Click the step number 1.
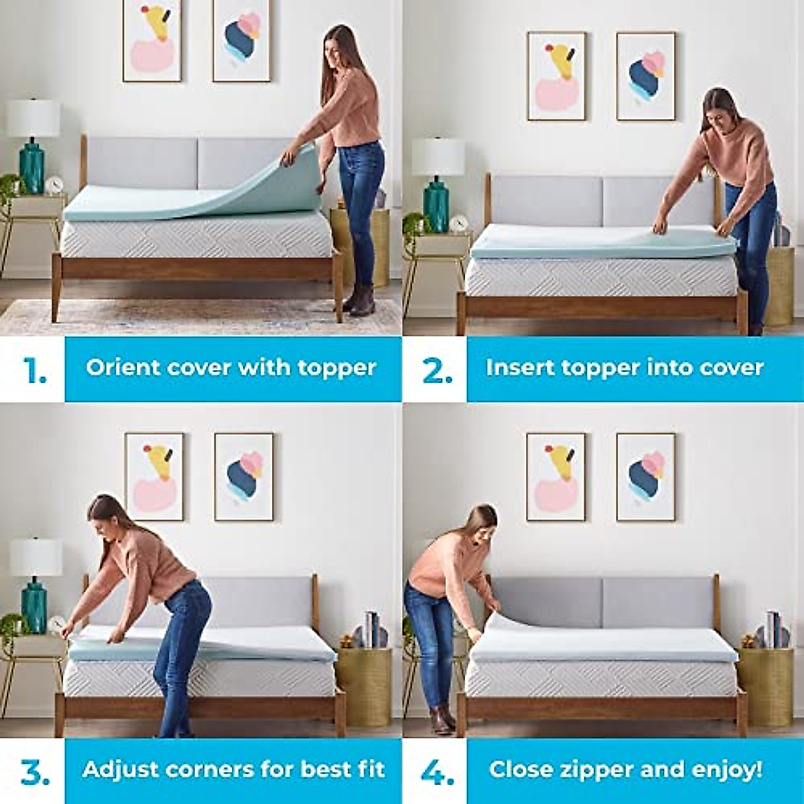34,370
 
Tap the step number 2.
437,370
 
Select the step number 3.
36,772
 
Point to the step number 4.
438,772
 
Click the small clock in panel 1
54,184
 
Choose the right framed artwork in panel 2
645,76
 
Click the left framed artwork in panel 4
555,476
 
